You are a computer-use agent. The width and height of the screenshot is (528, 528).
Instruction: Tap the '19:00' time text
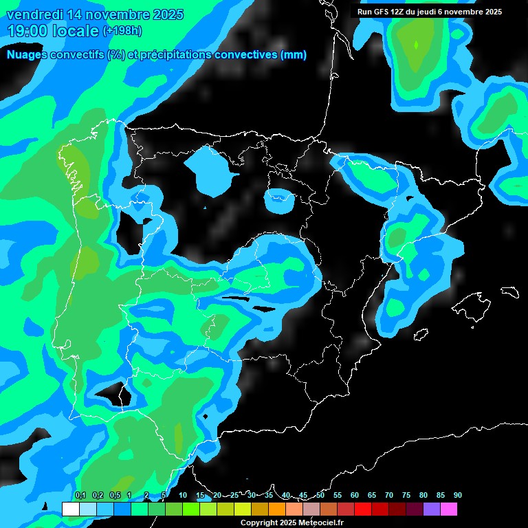[27, 31]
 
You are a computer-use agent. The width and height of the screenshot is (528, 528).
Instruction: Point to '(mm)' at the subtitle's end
[294, 55]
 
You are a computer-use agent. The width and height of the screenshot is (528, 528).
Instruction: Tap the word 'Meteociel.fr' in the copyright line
[322, 523]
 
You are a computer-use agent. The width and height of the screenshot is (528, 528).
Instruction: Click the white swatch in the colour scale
[70, 509]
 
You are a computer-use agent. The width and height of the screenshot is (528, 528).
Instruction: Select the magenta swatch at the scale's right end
[449, 509]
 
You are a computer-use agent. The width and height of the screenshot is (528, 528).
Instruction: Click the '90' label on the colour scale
[457, 495]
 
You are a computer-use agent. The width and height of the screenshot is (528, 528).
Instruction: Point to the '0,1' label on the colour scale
[80, 495]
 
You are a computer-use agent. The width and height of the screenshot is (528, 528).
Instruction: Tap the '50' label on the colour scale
[320, 495]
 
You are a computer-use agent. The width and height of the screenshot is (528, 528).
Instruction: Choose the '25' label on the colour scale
[234, 495]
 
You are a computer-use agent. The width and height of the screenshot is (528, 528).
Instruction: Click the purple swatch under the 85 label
[432, 509]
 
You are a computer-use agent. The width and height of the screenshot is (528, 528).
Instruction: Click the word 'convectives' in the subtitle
[247, 55]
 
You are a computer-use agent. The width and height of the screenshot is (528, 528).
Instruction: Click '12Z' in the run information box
[404, 12]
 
